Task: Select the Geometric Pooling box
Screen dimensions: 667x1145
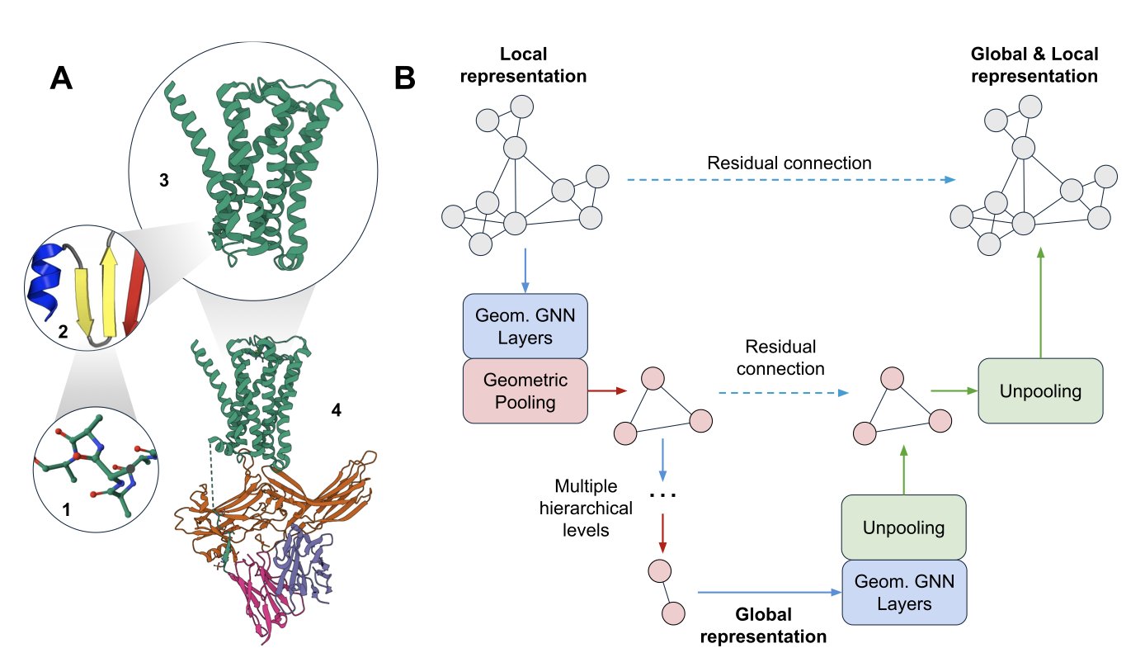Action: tap(525, 390)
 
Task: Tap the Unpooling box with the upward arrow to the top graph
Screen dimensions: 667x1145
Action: tap(1039, 390)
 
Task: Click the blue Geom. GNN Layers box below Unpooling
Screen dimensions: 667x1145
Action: tap(903, 593)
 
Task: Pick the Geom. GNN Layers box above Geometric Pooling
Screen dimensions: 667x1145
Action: tap(525, 325)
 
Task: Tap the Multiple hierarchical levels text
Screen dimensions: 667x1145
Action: tap(591, 507)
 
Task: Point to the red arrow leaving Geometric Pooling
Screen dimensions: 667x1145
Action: tap(605, 390)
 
